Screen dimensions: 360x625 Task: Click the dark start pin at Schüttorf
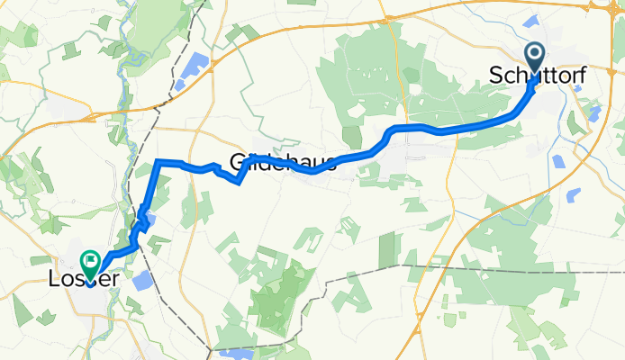[x=535, y=58]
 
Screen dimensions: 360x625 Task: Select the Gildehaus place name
[x=283, y=162]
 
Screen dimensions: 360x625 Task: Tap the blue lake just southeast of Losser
[x=142, y=281]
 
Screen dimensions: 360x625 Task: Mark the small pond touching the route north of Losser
[x=149, y=219]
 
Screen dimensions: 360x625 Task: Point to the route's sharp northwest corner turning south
[x=159, y=161]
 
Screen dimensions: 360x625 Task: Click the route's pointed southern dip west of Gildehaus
[x=238, y=183]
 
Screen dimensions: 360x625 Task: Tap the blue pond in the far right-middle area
[x=558, y=161]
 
